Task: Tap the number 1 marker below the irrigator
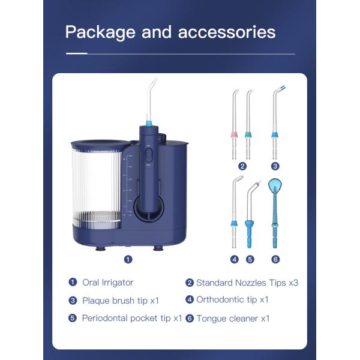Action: click(128, 259)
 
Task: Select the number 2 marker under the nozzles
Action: click(242, 166)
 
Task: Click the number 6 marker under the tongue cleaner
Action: click(275, 259)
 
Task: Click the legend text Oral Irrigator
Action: click(107, 283)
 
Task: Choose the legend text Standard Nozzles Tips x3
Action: click(247, 283)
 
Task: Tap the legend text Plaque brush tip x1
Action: click(120, 300)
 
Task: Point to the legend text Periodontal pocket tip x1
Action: click(131, 318)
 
